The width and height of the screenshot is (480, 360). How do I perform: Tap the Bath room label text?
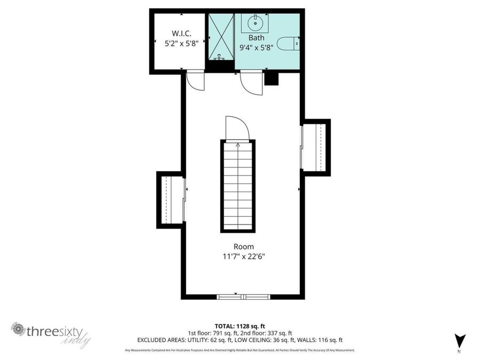point(257,38)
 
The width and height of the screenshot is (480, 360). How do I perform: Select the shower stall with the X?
point(220,36)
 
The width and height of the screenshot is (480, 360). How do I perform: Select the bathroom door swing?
point(251,84)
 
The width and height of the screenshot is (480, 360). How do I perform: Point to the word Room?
point(244,246)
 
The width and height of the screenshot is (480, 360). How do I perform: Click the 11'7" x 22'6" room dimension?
point(244,257)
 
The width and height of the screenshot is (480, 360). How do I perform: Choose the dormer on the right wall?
point(316,147)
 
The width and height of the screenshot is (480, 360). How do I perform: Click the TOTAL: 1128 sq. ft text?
point(239,325)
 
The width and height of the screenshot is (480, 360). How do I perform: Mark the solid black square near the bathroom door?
point(272,79)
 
